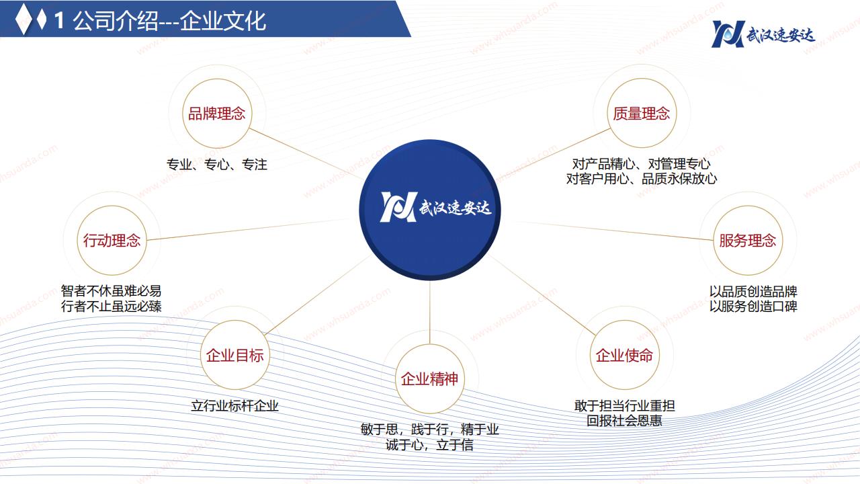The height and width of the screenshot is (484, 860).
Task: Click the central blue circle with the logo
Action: tap(430, 210)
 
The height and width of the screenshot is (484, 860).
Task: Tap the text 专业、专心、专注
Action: tap(217, 165)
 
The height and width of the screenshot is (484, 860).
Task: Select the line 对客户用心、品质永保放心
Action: tap(642, 179)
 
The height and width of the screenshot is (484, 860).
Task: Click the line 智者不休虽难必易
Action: tap(111, 291)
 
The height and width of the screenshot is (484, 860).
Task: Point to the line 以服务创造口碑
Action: tap(753, 306)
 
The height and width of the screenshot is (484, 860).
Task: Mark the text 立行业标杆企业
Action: tap(235, 405)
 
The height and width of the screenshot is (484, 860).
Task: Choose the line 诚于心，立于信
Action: tap(429, 445)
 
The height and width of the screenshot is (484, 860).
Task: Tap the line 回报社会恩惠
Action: tap(625, 421)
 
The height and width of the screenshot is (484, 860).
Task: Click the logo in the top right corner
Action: tap(763, 34)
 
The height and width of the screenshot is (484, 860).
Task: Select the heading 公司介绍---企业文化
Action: tap(169, 21)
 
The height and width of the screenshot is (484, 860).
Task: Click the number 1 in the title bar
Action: tap(58, 21)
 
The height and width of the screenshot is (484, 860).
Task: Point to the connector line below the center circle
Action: tap(429, 313)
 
